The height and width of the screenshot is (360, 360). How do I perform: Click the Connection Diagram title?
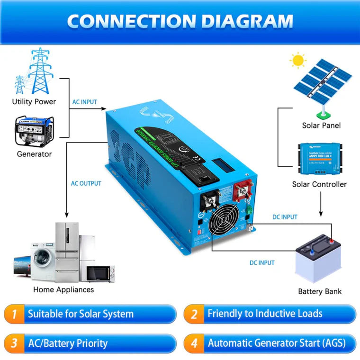[180, 21]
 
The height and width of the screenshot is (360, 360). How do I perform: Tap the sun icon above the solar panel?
[298, 61]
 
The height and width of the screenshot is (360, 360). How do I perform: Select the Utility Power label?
[34, 102]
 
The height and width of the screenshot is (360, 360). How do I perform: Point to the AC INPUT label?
[86, 102]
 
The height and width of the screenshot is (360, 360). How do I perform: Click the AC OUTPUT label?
[86, 183]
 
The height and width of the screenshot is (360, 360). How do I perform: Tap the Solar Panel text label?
[321, 126]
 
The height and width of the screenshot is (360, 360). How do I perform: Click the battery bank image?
[319, 259]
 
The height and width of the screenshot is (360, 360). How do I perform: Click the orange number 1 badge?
[15, 314]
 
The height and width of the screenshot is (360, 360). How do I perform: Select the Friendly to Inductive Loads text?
[265, 314]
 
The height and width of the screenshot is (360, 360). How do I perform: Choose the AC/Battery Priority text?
[68, 343]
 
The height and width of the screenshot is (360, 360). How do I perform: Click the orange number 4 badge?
[194, 343]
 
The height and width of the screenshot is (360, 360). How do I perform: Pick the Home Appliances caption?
[63, 289]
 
